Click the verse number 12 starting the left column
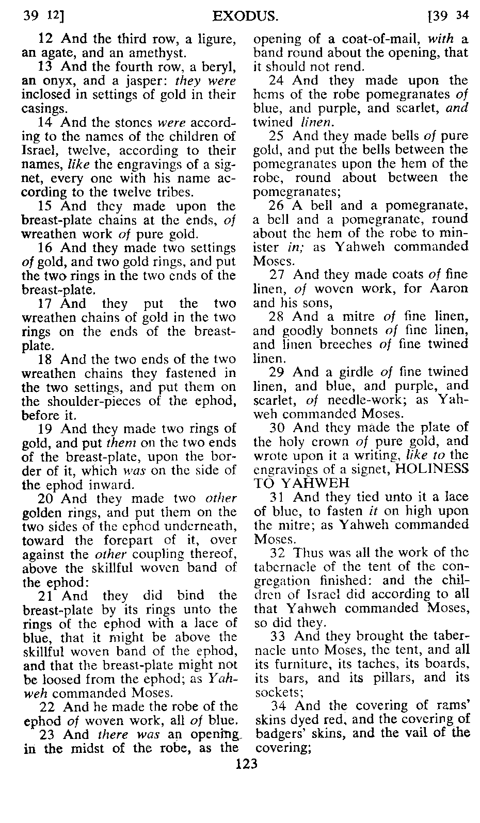pos(45,39)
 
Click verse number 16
pos(45,248)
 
